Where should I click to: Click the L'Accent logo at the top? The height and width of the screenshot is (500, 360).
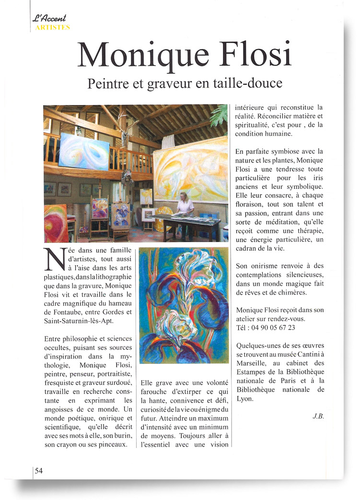pyautogui.click(x=49, y=19)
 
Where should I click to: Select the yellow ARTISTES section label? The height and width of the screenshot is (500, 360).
pyautogui.click(x=51, y=27)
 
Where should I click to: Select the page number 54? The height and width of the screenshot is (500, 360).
pyautogui.click(x=39, y=471)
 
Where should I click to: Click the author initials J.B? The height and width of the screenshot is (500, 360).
pyautogui.click(x=318, y=416)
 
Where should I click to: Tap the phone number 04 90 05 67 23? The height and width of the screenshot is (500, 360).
pyautogui.click(x=272, y=327)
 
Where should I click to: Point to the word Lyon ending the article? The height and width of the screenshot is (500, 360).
pyautogui.click(x=245, y=399)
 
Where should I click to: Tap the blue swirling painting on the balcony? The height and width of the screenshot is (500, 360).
pyautogui.click(x=83, y=151)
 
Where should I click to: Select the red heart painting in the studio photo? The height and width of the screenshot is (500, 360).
pyautogui.click(x=56, y=223)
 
